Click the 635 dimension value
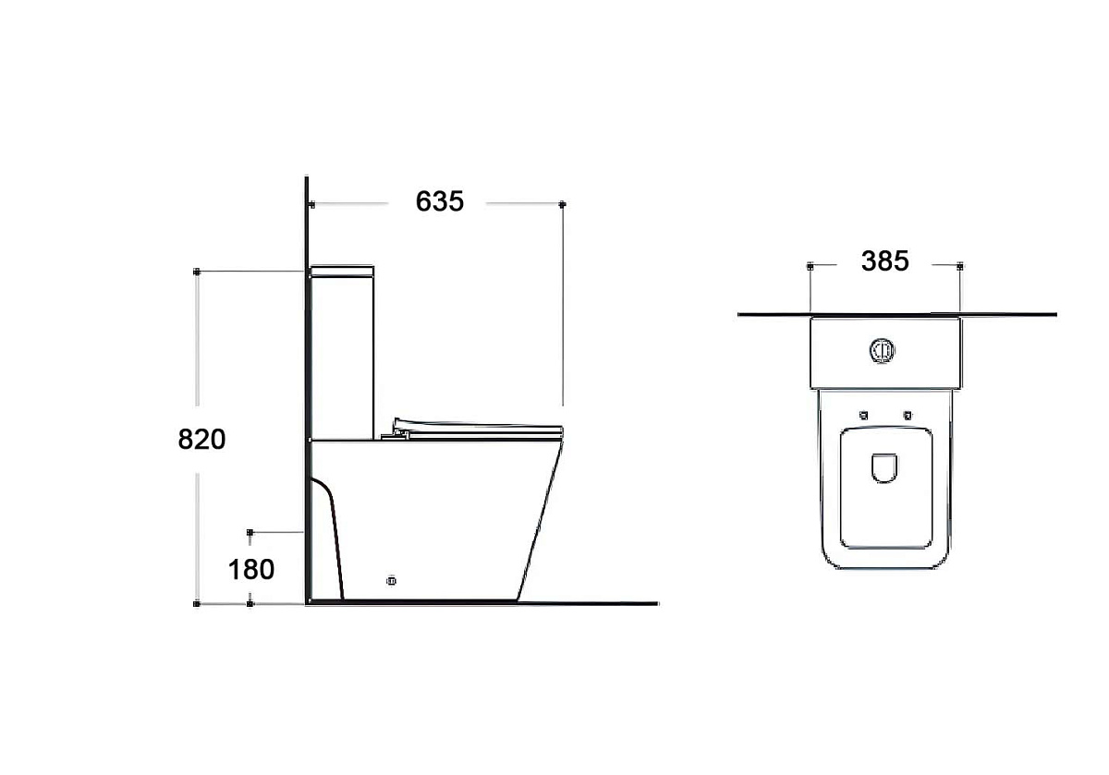click(x=440, y=201)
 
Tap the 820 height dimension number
click(x=202, y=439)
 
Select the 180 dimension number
click(x=251, y=569)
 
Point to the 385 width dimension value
click(x=885, y=260)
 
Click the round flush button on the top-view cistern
click(x=882, y=351)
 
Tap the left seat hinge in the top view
click(x=864, y=416)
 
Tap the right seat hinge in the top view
click(x=908, y=416)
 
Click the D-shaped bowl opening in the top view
click(x=884, y=467)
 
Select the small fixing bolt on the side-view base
click(x=391, y=581)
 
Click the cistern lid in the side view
click(x=342, y=271)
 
